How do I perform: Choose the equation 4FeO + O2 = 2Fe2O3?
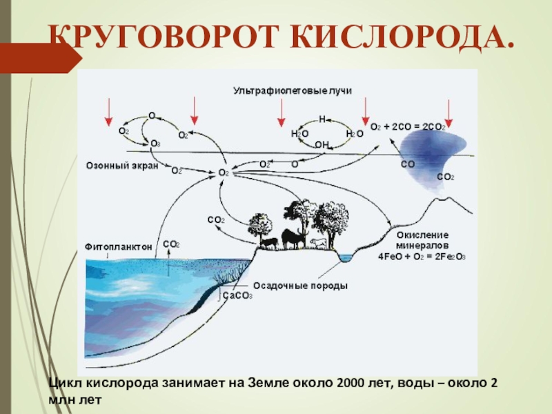pyautogui.click(x=422, y=255)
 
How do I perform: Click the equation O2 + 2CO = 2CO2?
pyautogui.click(x=408, y=128)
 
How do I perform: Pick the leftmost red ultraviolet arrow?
pyautogui.click(x=108, y=112)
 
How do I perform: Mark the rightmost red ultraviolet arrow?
pyautogui.click(x=449, y=112)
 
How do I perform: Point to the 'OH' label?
pyautogui.click(x=322, y=144)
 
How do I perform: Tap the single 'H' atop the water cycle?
pyautogui.click(x=322, y=119)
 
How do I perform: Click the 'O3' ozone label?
pyautogui.click(x=155, y=144)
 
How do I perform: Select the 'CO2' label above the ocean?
pyautogui.click(x=171, y=244)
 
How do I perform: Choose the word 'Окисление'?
pyautogui.click(x=422, y=235)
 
